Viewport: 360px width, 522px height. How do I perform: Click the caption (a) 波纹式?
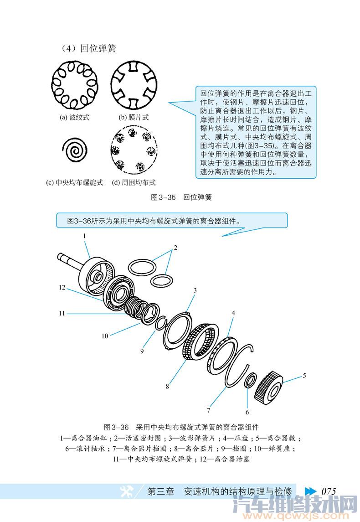pos(74,117)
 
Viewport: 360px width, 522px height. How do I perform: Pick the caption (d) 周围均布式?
pos(134,182)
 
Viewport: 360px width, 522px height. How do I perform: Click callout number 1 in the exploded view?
pos(84,236)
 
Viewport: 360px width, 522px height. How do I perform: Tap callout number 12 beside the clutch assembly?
pos(62,288)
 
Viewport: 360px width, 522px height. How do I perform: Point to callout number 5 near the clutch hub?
pos(304,376)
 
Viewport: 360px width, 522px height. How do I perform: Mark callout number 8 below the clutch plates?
pos(167,386)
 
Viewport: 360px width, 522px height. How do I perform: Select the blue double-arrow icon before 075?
pos(310,491)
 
